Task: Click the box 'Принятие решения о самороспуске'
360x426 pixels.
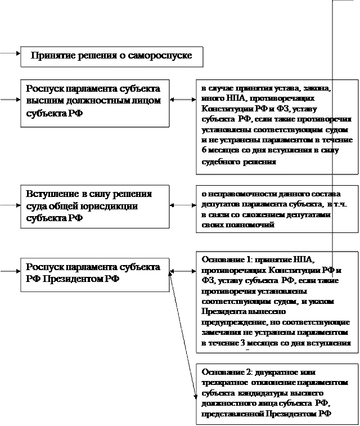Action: click(111, 56)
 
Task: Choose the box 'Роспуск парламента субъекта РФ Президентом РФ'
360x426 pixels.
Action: click(95, 274)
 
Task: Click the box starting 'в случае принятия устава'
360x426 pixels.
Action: click(276, 126)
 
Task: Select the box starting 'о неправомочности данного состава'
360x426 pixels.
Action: click(276, 209)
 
